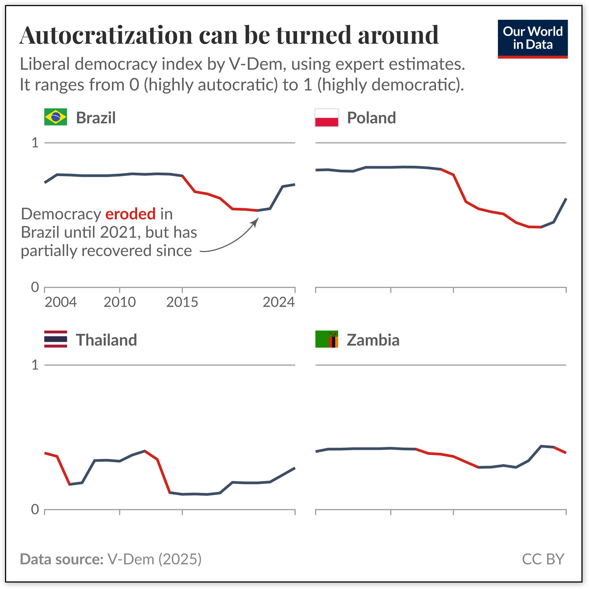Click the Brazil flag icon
(55, 117)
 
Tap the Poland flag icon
(327, 118)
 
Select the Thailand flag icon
(55, 339)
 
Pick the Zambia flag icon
(327, 339)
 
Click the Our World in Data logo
(532, 39)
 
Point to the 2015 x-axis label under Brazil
(182, 302)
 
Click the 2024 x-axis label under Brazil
(279, 302)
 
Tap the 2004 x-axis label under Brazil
(60, 302)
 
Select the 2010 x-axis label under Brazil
(120, 302)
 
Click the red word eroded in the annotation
(130, 214)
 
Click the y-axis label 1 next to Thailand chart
(35, 365)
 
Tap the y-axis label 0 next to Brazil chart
(35, 287)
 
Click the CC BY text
(543, 559)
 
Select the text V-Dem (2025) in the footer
(154, 559)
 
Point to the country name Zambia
(373, 340)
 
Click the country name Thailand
(106, 340)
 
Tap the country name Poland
(371, 118)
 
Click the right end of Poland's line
(566, 199)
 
